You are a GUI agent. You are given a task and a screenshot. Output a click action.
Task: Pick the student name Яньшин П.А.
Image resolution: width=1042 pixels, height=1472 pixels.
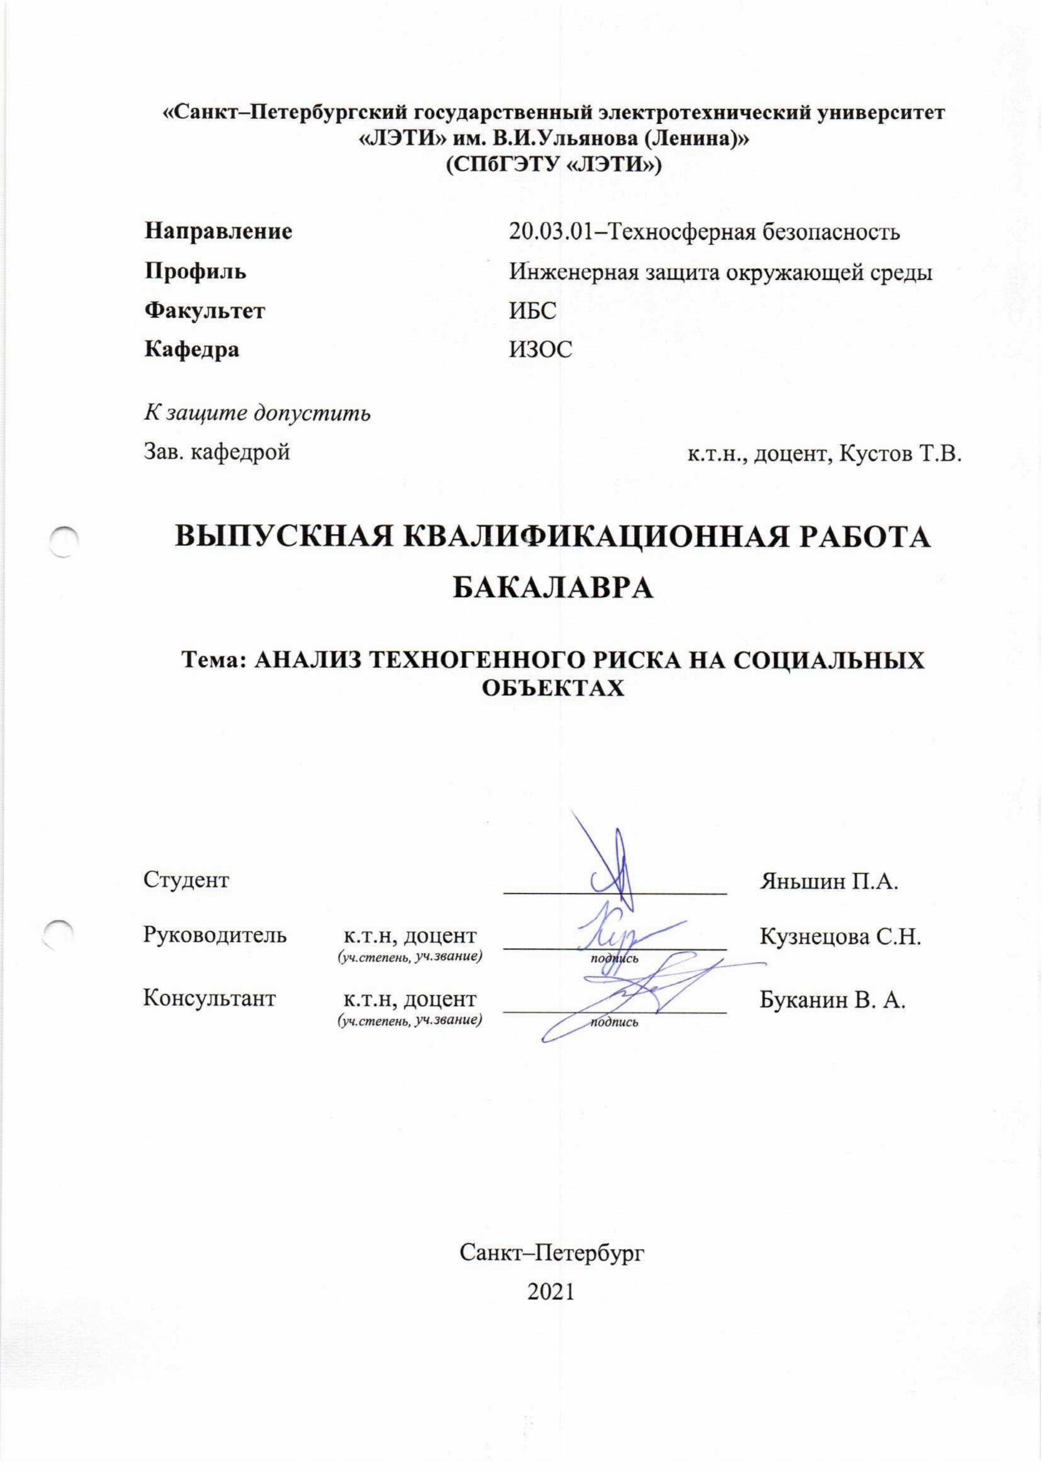pos(828,880)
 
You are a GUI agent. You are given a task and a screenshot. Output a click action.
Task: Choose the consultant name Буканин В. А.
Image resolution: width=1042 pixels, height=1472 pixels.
pos(832,1000)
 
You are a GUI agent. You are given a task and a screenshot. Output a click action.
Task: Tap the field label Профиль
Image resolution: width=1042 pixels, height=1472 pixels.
pos(195,271)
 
